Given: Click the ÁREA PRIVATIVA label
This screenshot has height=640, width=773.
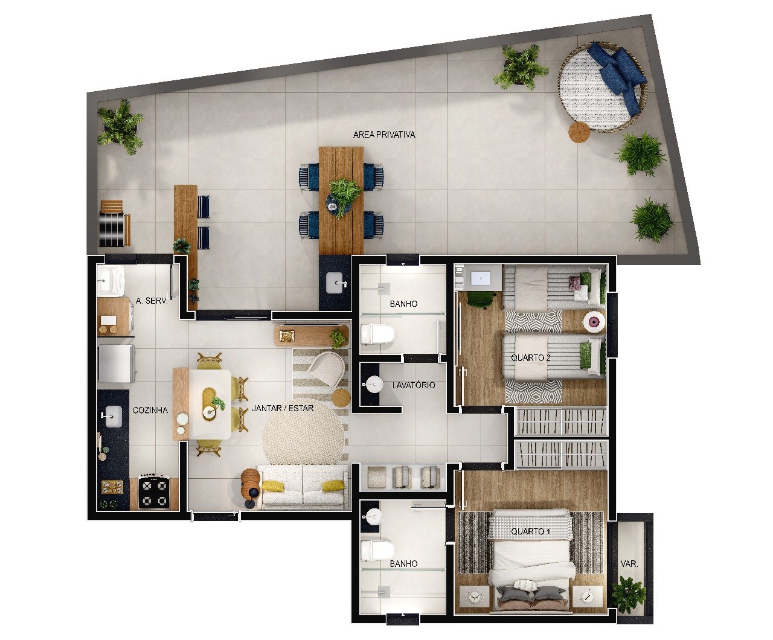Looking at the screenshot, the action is (x=384, y=135).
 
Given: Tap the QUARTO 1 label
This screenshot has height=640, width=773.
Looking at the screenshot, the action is (x=530, y=531).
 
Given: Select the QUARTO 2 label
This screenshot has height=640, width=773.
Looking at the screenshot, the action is (x=530, y=357).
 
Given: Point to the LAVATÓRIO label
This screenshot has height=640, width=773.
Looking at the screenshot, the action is (x=414, y=385).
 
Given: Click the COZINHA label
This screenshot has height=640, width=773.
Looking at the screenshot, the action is (x=150, y=410).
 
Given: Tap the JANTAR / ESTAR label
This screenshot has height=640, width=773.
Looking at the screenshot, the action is (x=283, y=408).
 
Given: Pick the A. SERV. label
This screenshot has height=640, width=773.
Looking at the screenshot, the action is (x=152, y=301).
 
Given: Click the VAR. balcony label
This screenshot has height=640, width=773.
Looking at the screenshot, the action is (x=629, y=564).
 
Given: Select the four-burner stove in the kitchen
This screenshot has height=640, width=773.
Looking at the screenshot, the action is (x=154, y=491).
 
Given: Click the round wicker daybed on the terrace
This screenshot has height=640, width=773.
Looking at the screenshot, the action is (x=603, y=87).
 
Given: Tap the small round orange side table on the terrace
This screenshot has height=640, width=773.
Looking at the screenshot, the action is (x=579, y=132).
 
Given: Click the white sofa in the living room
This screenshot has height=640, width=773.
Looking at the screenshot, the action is (x=303, y=486).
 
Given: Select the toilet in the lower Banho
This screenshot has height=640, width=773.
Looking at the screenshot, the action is (x=377, y=551).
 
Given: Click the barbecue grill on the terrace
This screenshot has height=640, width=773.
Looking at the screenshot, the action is (x=114, y=223).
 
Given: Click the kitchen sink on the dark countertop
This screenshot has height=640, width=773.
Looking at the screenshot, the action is (x=114, y=417).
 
